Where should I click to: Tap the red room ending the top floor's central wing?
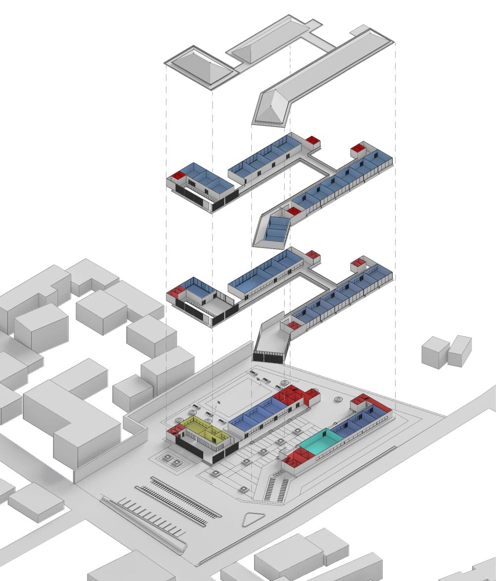pos(312,140)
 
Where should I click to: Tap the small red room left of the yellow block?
pos(173,430)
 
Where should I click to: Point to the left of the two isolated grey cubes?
pos(435,352)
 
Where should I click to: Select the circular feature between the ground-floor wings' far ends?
pos(339,399)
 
